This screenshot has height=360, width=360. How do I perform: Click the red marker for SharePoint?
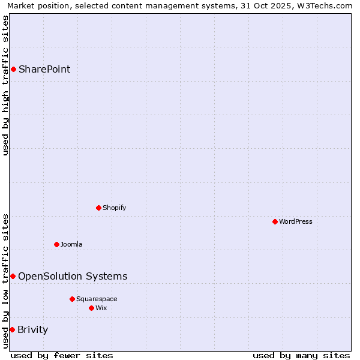(x=13, y=69)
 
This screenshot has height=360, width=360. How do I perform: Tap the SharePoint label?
(x=44, y=69)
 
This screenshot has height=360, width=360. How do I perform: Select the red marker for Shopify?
(x=98, y=208)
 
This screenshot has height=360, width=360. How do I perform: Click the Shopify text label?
(x=114, y=208)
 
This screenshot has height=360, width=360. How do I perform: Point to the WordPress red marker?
(x=275, y=221)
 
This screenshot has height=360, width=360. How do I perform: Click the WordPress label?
(x=295, y=221)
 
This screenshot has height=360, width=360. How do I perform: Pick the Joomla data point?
(x=56, y=244)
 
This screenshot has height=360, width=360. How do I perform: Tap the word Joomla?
(x=71, y=244)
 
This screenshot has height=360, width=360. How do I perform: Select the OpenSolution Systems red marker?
(x=13, y=276)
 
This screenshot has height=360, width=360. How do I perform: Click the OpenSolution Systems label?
(x=73, y=276)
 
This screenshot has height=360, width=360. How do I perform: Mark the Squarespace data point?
(x=72, y=299)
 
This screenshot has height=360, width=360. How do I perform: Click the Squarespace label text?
(x=97, y=299)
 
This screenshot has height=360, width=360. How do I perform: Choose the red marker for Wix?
(x=91, y=308)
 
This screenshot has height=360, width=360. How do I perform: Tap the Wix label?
(x=101, y=308)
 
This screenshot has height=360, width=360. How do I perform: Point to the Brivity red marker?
(x=12, y=329)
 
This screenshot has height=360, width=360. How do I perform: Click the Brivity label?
(x=33, y=329)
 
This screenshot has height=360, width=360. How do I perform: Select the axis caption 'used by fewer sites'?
(x=62, y=355)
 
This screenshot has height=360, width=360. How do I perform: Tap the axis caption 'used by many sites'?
(x=301, y=355)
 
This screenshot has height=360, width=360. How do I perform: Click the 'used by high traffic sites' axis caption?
(x=5, y=85)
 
